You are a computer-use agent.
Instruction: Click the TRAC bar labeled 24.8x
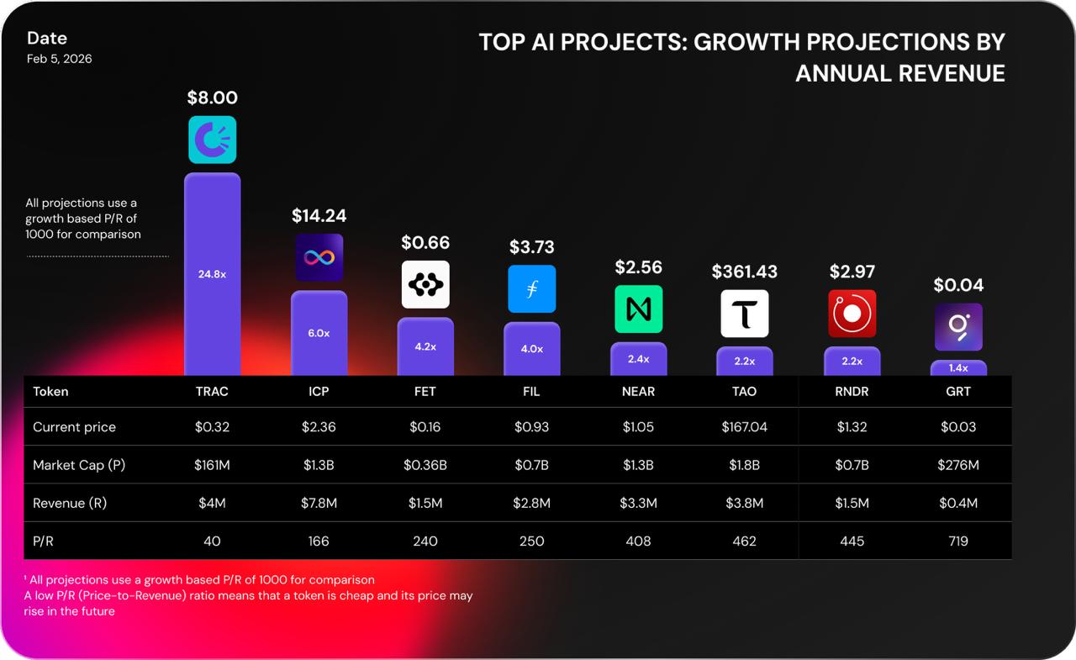click(x=212, y=273)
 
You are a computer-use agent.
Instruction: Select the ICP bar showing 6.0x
click(x=319, y=333)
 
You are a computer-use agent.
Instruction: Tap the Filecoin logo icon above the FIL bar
click(x=531, y=288)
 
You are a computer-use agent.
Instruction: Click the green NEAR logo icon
click(x=638, y=309)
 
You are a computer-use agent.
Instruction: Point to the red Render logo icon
click(x=852, y=314)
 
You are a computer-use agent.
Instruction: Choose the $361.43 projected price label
click(x=744, y=272)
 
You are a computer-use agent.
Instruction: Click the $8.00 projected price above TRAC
click(x=212, y=98)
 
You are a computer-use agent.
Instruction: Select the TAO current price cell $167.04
click(x=744, y=427)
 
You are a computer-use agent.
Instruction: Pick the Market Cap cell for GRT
click(x=958, y=465)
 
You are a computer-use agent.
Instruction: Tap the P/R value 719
click(x=958, y=541)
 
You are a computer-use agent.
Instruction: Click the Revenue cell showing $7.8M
click(x=319, y=504)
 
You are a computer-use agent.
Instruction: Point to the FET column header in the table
click(x=425, y=392)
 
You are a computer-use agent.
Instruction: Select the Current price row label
click(x=74, y=427)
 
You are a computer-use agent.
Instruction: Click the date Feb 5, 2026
click(x=59, y=59)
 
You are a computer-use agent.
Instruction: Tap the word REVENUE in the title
click(x=952, y=74)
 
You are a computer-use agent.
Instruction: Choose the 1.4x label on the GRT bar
click(x=958, y=368)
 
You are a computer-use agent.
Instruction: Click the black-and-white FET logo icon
click(x=425, y=284)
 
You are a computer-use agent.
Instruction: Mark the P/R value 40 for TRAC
click(x=212, y=541)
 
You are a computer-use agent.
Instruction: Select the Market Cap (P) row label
click(x=79, y=465)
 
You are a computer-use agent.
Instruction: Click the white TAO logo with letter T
click(x=744, y=314)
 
